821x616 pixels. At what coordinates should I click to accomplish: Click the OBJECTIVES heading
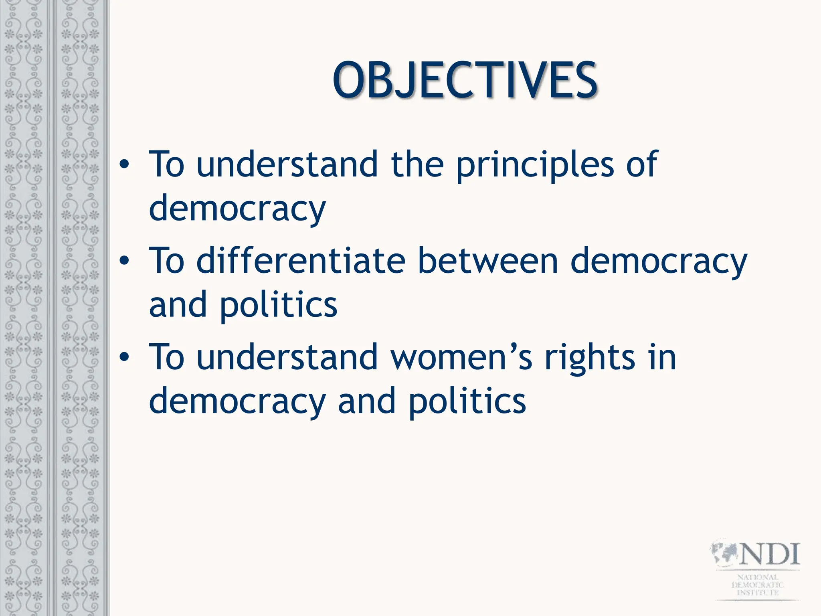click(465, 80)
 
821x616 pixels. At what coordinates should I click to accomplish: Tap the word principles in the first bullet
click(535, 164)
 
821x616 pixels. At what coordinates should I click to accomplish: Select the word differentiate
click(301, 261)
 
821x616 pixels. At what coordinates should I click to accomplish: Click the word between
click(487, 261)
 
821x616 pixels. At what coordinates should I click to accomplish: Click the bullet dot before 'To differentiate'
click(125, 261)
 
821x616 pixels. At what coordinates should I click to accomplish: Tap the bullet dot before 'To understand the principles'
click(125, 164)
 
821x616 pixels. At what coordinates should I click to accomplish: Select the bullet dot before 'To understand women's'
click(125, 357)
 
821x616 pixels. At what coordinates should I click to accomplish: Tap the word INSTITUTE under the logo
click(758, 592)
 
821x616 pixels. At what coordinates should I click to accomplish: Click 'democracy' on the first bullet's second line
click(237, 209)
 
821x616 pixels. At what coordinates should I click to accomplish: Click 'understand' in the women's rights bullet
click(287, 357)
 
